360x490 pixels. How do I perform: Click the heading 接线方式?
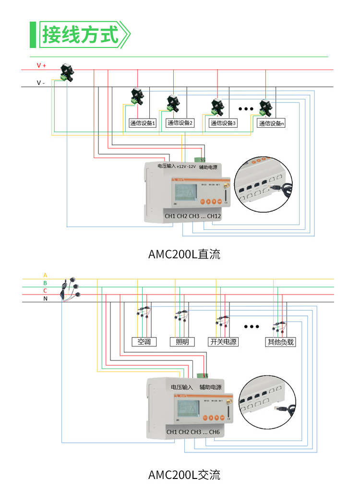[80, 35]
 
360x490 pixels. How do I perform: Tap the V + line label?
[41, 65]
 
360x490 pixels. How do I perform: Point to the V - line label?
[41, 83]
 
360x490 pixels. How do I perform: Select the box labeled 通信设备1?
[143, 123]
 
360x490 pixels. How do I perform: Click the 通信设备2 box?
[180, 123]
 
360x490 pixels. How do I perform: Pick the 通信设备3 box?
[224, 123]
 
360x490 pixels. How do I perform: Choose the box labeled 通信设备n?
[271, 123]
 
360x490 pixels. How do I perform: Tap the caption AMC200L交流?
[184, 475]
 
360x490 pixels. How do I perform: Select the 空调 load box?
[144, 342]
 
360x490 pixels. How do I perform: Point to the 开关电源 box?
[223, 342]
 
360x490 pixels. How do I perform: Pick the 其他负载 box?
[280, 342]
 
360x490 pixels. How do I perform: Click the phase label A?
[45, 275]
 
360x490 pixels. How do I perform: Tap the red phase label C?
[45, 291]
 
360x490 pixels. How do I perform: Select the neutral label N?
[46, 299]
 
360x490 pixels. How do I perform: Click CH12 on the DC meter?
[214, 216]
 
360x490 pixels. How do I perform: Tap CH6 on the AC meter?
[214, 432]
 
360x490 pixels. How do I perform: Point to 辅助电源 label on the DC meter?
[208, 167]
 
